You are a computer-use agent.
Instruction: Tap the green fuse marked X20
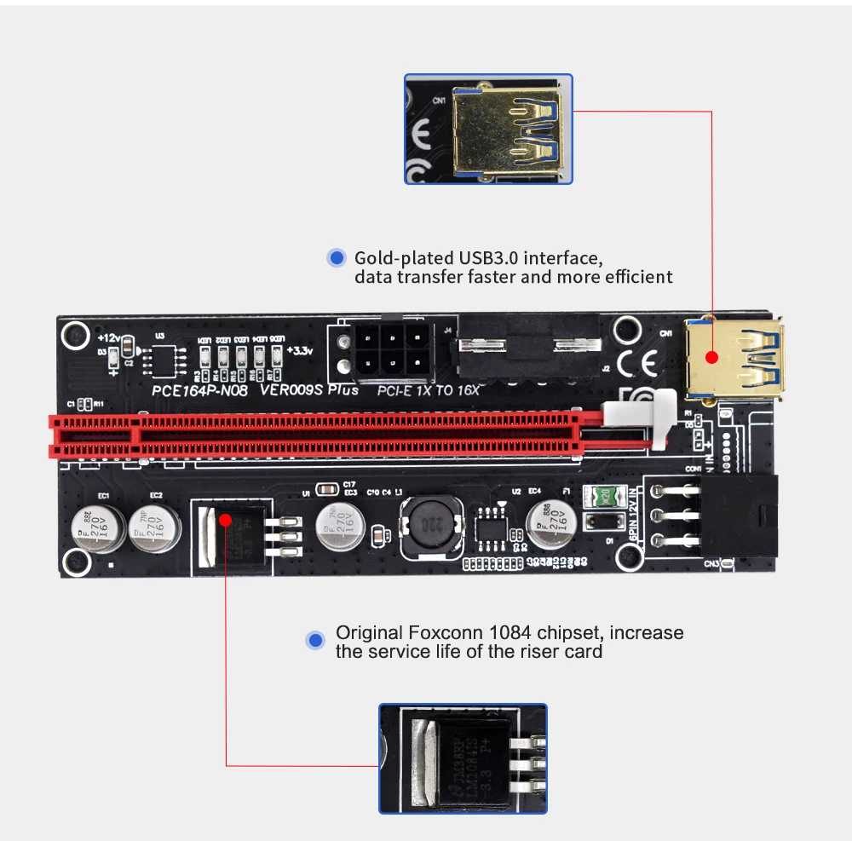pos(603,494)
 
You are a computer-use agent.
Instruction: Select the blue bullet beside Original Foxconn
pos(317,640)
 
